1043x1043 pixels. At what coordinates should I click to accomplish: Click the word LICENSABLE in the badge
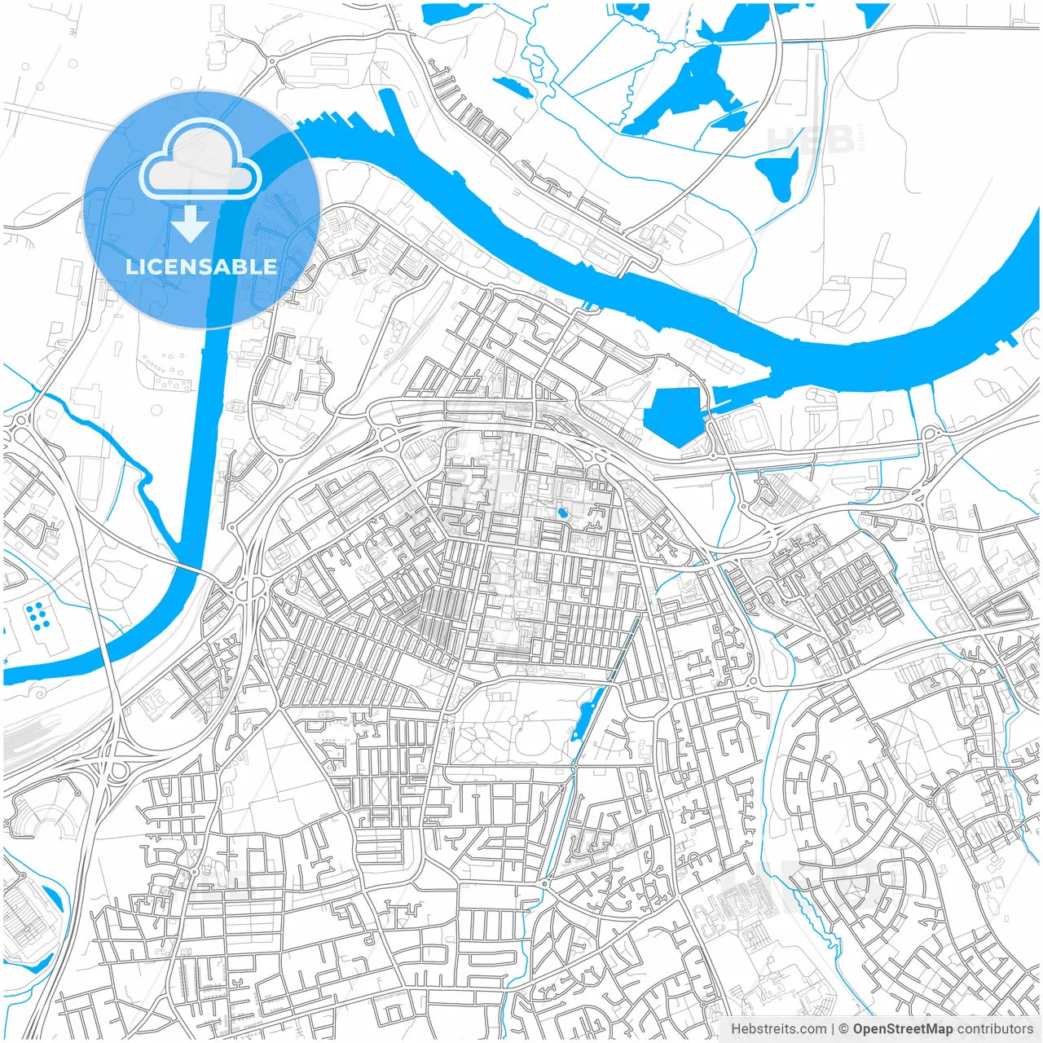click(x=201, y=266)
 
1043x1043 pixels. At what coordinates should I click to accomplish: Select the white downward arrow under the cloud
click(x=191, y=223)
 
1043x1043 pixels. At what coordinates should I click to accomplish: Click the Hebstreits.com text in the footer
click(x=778, y=1029)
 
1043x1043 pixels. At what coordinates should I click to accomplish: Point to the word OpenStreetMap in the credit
click(x=902, y=1029)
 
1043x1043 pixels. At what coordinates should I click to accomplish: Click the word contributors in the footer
click(x=995, y=1029)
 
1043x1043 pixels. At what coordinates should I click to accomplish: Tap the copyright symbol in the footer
click(x=844, y=1029)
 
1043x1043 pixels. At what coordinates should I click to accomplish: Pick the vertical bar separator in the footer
click(x=833, y=1029)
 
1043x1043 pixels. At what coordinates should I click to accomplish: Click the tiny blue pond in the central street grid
click(x=561, y=513)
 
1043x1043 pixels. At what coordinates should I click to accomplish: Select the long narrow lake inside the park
click(x=588, y=712)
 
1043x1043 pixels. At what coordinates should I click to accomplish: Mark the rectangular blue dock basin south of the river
click(x=673, y=416)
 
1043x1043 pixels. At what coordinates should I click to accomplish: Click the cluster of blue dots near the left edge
click(x=37, y=616)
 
